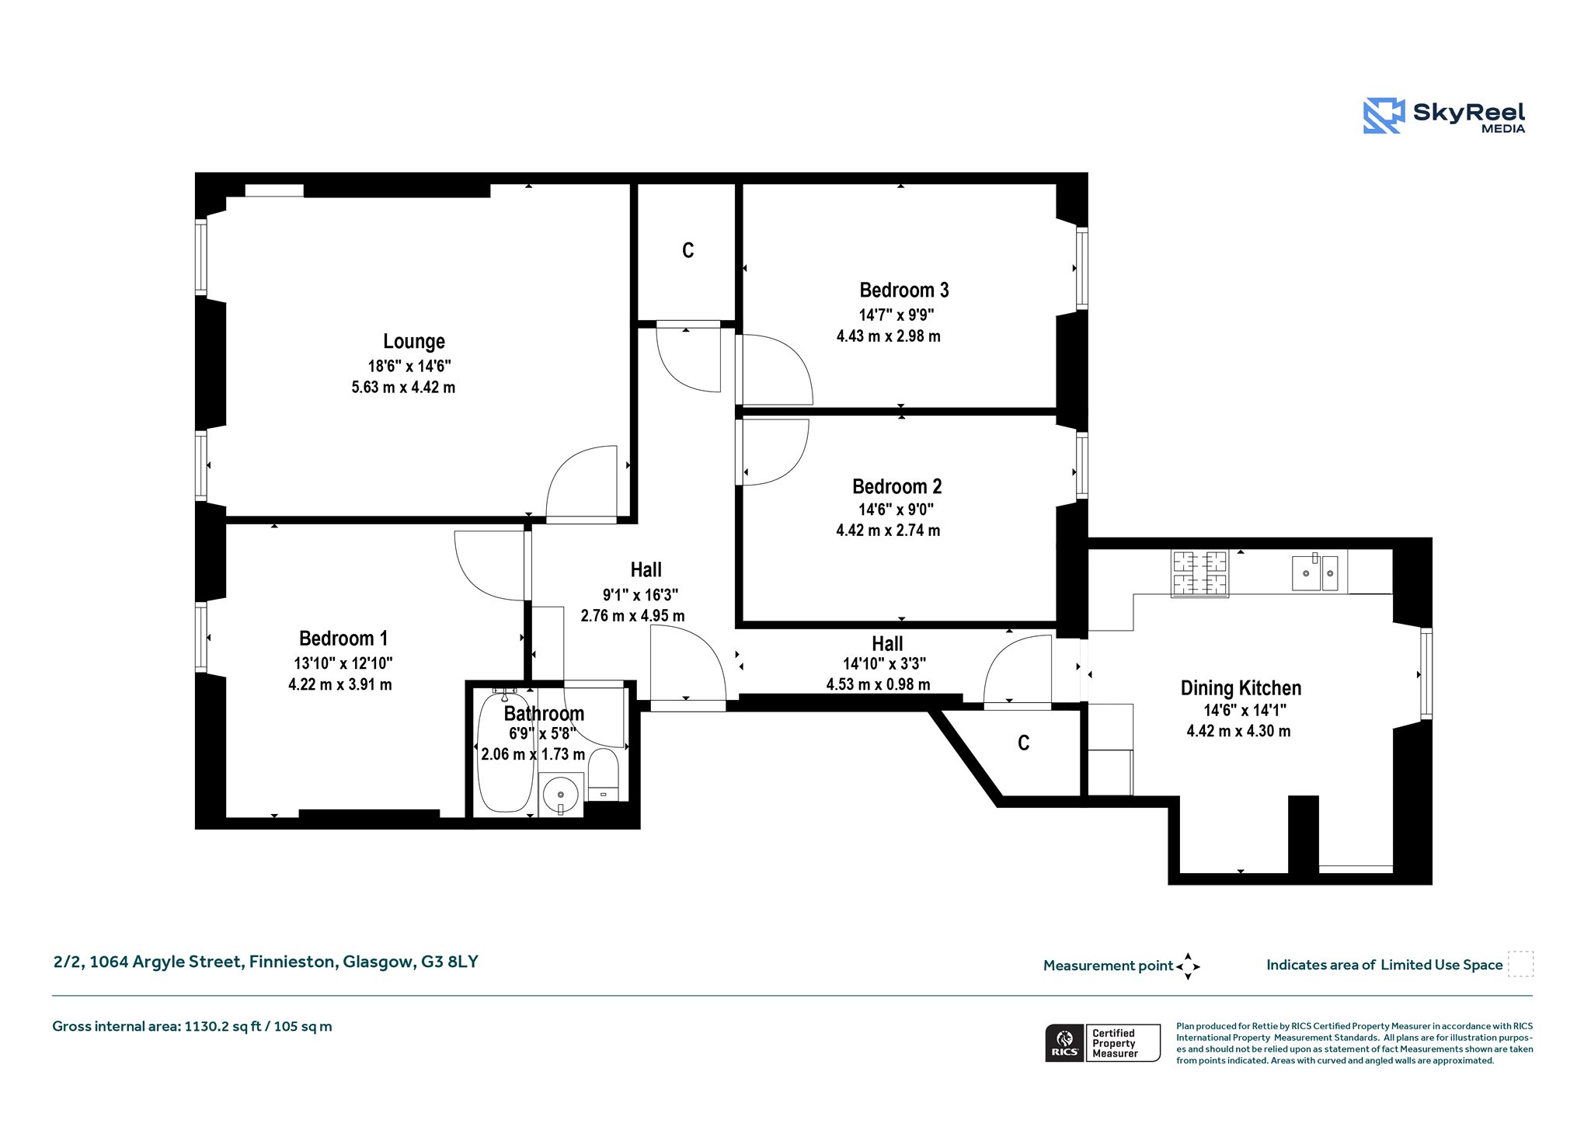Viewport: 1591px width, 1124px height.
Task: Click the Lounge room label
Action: [414, 342]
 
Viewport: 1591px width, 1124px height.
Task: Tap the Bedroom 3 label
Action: [904, 291]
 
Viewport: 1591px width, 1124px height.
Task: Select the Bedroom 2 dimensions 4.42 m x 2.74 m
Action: [888, 531]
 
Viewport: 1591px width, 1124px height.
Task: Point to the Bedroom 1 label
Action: [343, 639]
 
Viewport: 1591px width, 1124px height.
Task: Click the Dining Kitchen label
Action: [1241, 688]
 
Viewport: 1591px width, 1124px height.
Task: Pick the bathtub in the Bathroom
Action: [506, 752]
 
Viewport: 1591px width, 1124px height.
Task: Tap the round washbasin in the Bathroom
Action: [561, 795]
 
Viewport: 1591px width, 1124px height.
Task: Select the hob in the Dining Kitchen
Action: [1200, 574]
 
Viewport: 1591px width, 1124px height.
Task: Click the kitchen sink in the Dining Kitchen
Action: [1315, 572]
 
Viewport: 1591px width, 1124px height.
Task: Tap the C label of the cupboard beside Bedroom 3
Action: [688, 250]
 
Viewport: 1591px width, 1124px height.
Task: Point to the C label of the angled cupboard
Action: [1023, 743]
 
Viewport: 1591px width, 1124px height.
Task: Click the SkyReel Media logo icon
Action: [1384, 116]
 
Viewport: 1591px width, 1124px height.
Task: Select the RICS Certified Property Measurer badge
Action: [1102, 1043]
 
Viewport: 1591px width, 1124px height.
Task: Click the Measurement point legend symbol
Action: [1188, 966]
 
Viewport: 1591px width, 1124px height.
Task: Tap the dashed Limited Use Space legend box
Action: [1520, 964]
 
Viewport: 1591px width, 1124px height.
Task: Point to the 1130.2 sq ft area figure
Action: [220, 1026]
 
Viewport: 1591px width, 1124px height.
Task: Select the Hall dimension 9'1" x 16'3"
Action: [640, 595]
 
